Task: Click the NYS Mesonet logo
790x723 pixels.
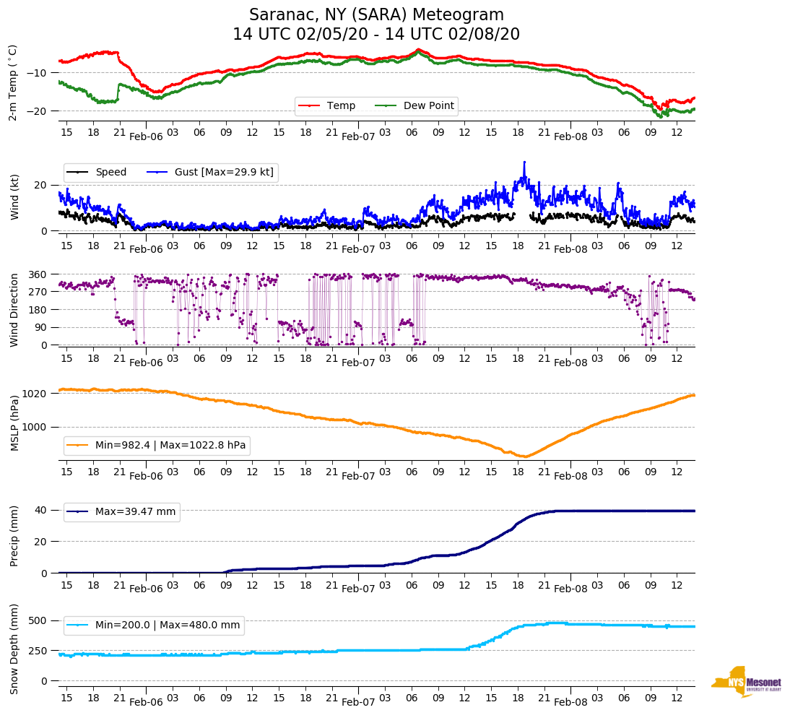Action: click(746, 682)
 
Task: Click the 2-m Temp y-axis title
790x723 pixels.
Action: click(13, 82)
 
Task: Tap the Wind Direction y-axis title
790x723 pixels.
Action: click(13, 310)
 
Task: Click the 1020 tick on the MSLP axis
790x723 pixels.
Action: click(35, 394)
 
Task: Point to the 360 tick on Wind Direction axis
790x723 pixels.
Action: click(38, 274)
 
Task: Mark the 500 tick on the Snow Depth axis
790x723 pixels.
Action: click(38, 621)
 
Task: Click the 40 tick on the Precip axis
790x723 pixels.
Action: click(41, 510)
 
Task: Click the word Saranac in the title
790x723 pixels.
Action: click(279, 15)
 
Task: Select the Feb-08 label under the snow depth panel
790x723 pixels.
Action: click(570, 702)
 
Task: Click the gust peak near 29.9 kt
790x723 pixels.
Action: click(524, 163)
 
